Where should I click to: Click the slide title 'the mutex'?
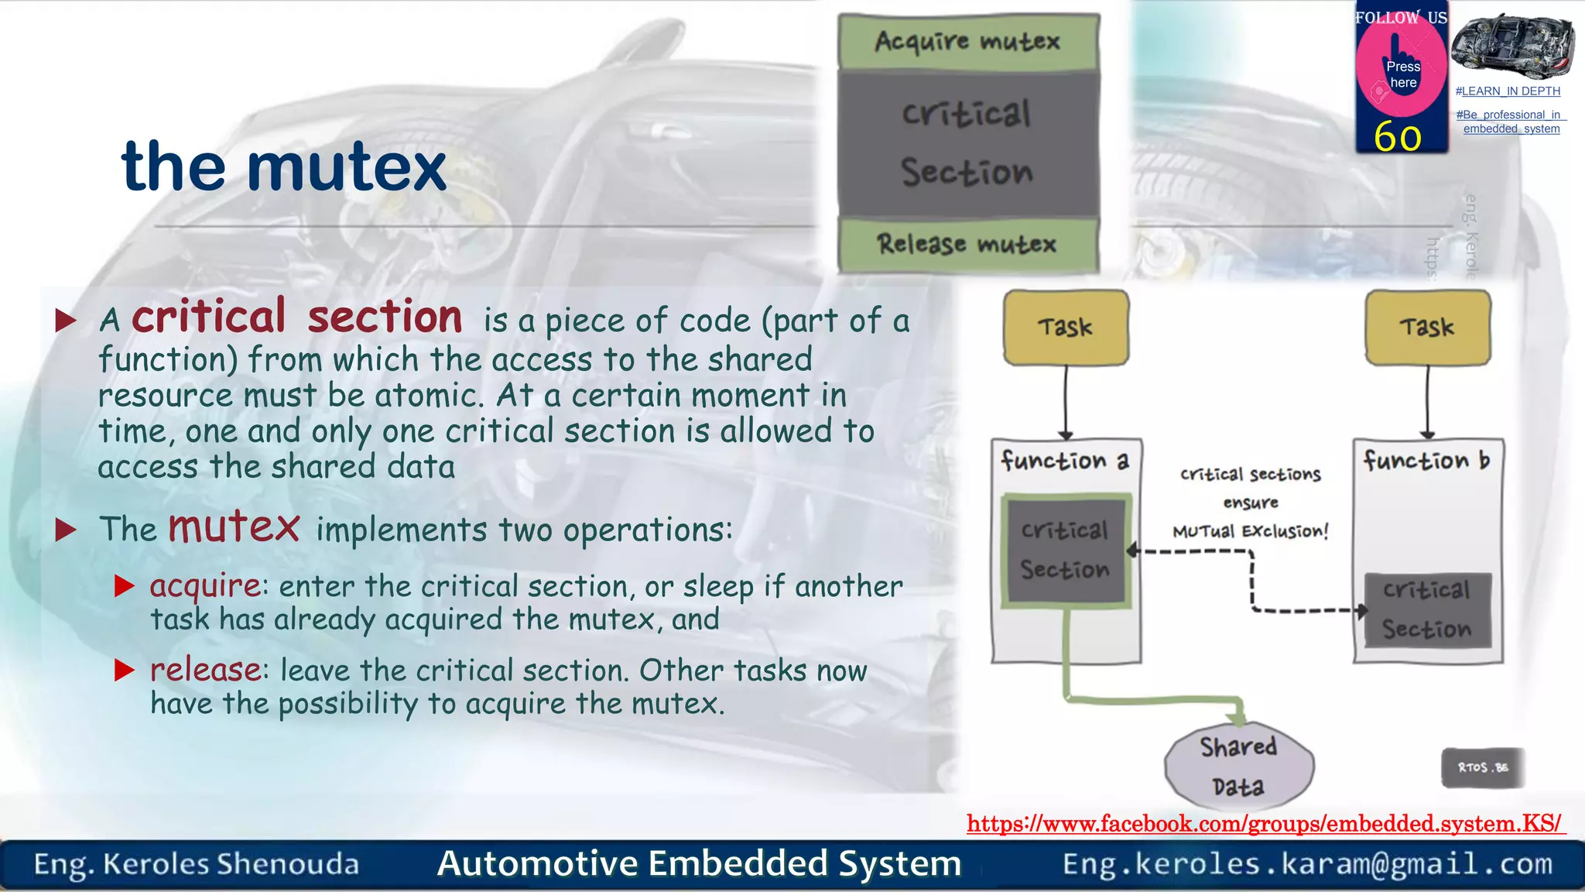[x=284, y=166]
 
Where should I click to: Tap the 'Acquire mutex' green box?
[x=967, y=41]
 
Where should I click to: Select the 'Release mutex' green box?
[x=967, y=245]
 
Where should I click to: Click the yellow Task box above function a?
[x=1066, y=328]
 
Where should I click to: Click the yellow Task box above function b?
[x=1427, y=328]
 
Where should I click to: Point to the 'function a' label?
[x=1065, y=461]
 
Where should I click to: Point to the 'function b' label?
[x=1426, y=461]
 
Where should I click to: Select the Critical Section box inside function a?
[x=1065, y=550]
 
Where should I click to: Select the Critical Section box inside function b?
[x=1426, y=610]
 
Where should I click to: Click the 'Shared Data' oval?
[x=1238, y=767]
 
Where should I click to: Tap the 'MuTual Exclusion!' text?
[x=1250, y=531]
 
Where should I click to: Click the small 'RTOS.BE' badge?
[x=1482, y=767]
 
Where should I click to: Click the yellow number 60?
[x=1398, y=137]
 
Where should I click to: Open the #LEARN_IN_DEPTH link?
[x=1508, y=91]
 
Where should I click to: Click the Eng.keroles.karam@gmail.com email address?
[x=1307, y=863]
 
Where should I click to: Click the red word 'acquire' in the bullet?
[x=205, y=586]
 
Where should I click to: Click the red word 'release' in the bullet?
[x=206, y=670]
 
